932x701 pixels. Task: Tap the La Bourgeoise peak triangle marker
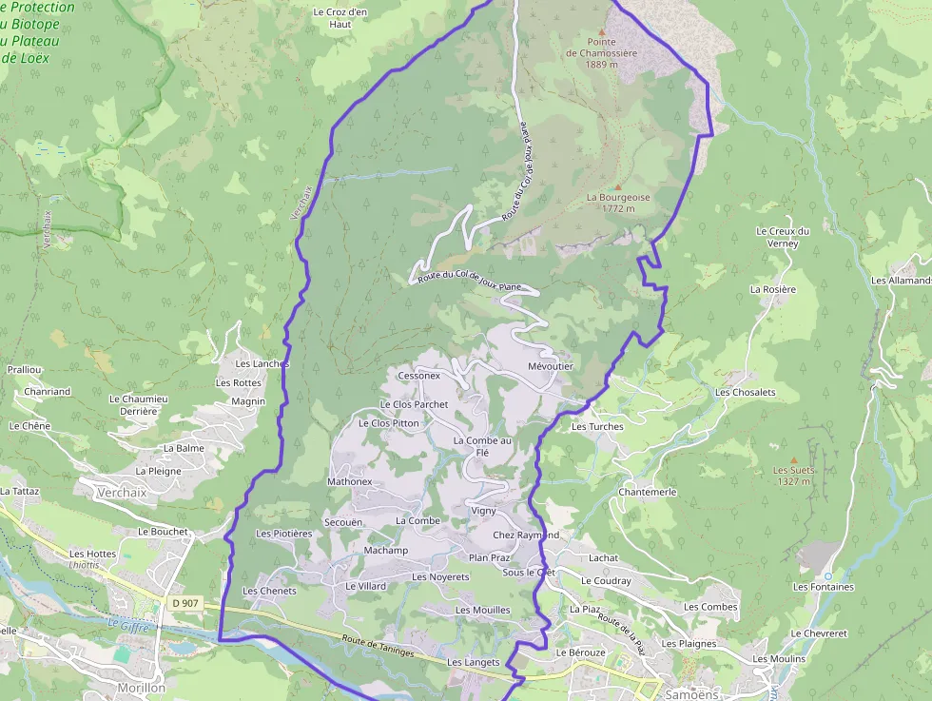(x=617, y=186)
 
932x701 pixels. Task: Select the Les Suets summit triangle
(x=794, y=459)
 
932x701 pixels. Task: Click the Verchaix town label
(x=123, y=492)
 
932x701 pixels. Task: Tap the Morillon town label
(x=141, y=688)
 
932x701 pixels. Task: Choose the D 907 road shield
(x=185, y=603)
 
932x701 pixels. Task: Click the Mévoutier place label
(x=551, y=366)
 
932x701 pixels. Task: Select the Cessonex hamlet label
(x=419, y=376)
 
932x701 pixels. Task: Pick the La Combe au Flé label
(x=482, y=446)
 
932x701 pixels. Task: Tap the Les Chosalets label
(x=745, y=392)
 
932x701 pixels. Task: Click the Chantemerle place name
(x=647, y=492)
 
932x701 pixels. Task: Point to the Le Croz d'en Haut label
(x=340, y=18)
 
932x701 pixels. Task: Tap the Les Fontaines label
(x=824, y=587)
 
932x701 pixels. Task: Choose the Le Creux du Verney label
(x=782, y=237)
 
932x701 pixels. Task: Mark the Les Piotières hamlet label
(x=283, y=534)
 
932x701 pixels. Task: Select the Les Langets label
(x=473, y=662)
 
